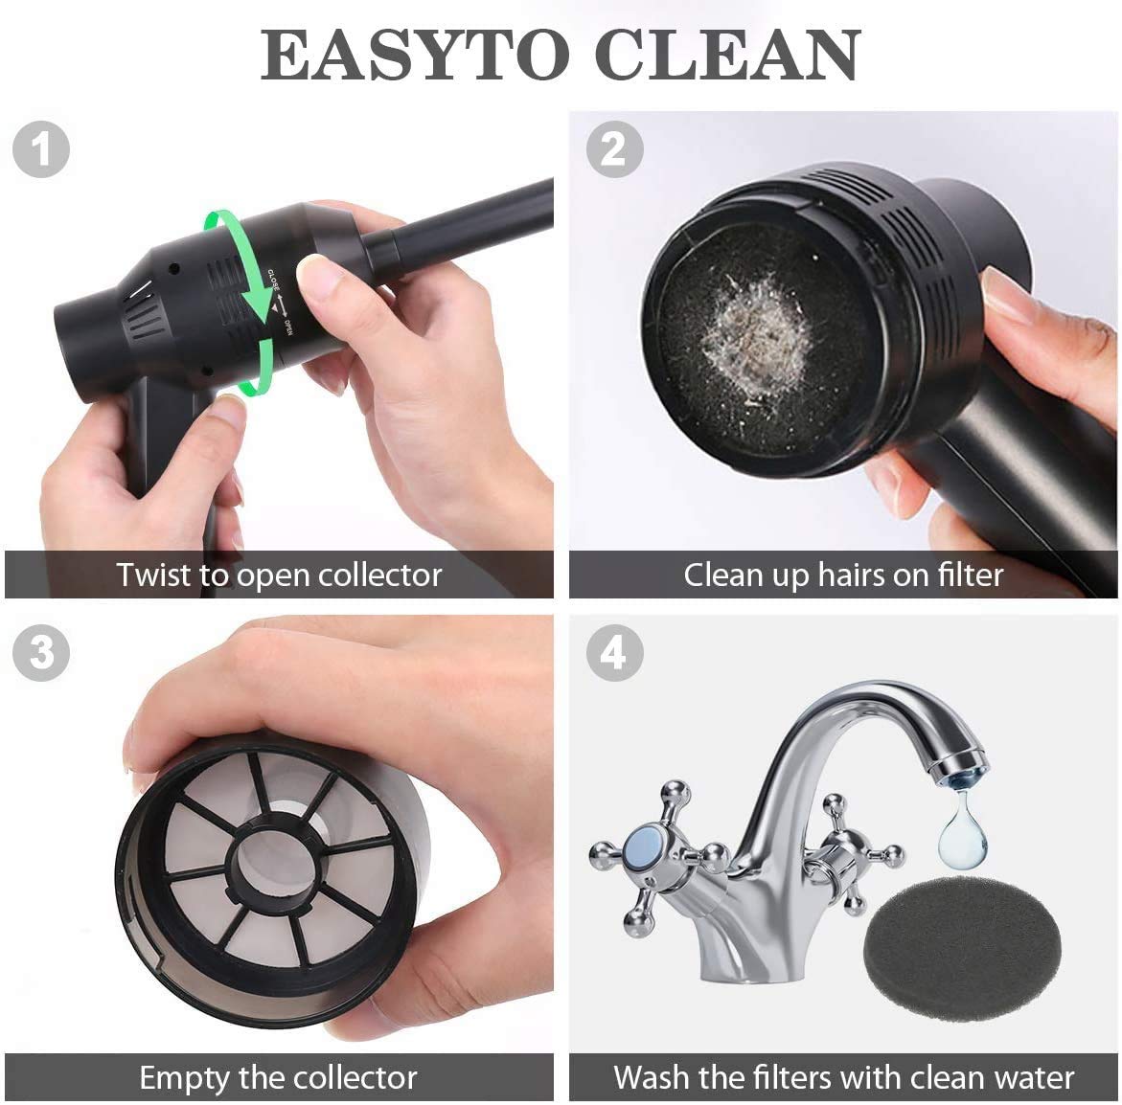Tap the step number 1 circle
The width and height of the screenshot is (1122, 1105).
[41, 149]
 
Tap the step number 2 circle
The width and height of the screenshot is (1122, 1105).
[613, 149]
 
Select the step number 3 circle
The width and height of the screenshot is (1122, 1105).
[41, 653]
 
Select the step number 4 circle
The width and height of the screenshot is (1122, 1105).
[613, 653]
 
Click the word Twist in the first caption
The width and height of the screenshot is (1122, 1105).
[153, 575]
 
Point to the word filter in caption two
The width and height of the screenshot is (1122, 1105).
[963, 575]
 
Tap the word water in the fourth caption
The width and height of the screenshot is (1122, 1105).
[1031, 1077]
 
